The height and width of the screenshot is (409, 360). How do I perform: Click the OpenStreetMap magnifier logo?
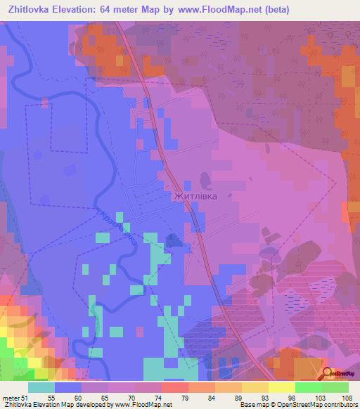click(x=328, y=373)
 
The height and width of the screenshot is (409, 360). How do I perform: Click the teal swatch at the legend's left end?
click(x=41, y=387)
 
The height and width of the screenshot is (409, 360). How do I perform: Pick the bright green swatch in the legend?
click(x=309, y=387)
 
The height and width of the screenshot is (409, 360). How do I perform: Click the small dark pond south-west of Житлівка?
click(x=175, y=240)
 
